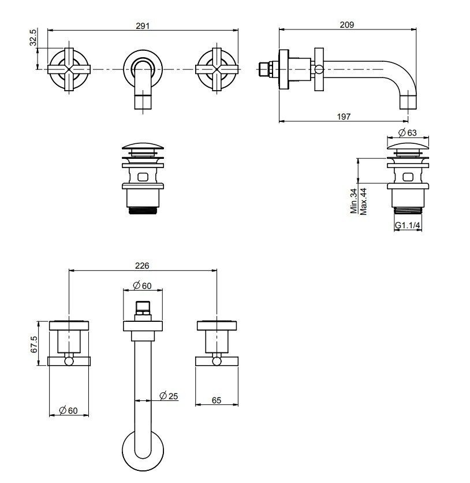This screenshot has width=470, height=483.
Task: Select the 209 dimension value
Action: [x=347, y=25]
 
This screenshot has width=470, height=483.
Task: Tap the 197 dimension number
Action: [x=344, y=117]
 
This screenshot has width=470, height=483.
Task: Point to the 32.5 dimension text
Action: [x=33, y=38]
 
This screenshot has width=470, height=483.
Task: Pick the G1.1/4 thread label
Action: [x=408, y=225]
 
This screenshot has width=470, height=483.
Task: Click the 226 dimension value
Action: [x=142, y=266]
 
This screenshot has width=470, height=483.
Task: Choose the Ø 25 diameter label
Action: [x=168, y=396]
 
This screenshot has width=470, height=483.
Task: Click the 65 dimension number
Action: [x=217, y=400]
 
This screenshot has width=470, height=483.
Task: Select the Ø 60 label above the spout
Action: [x=141, y=285]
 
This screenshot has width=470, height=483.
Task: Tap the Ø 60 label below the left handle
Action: [x=68, y=410]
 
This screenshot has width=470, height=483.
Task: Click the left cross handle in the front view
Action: [x=68, y=69]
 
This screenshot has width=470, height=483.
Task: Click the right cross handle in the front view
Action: [x=217, y=69]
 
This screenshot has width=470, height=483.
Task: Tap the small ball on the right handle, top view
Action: [x=217, y=362]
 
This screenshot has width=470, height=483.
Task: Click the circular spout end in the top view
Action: [x=142, y=451]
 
